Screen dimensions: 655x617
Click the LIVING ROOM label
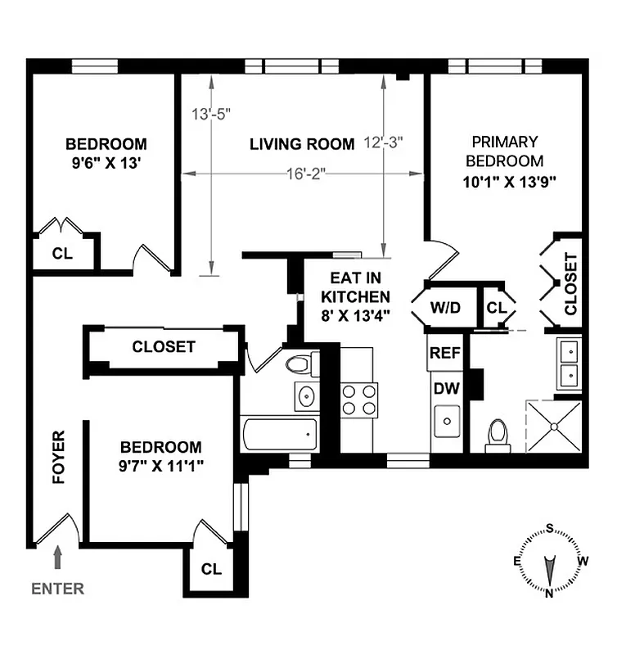click(302, 144)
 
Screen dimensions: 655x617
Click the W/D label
click(446, 308)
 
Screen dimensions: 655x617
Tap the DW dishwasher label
click(446, 387)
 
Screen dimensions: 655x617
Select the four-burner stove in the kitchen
click(359, 400)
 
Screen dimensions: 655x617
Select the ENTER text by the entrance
click(57, 588)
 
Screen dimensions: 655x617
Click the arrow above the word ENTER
click(57, 559)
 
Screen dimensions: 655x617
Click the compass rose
click(550, 561)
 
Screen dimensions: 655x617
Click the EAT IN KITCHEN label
click(355, 296)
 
